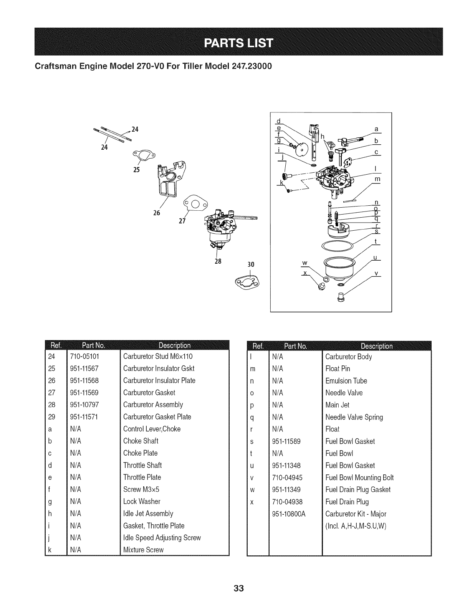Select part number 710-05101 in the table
[x=84, y=357]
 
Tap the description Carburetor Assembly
[x=153, y=405]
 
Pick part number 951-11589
[x=286, y=441]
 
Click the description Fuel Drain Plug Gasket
[x=357, y=490]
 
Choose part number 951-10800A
[x=288, y=514]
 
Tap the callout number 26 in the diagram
[x=157, y=213]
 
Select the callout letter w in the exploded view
[x=305, y=263]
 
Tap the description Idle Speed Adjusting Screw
[x=162, y=538]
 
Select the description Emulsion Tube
[x=346, y=381]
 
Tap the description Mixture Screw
[x=143, y=550]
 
